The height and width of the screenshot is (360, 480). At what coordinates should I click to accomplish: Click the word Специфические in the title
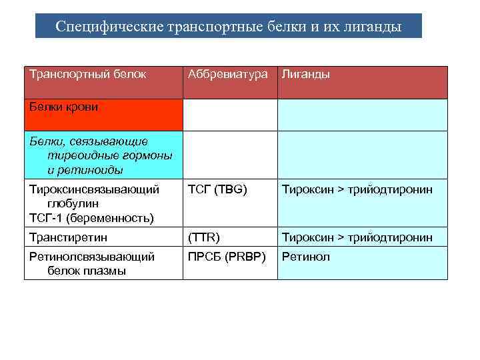101,27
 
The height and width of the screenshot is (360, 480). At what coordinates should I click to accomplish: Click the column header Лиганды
306,74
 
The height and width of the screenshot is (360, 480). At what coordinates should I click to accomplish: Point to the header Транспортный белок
87,74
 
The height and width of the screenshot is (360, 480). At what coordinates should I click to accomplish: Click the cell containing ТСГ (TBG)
217,189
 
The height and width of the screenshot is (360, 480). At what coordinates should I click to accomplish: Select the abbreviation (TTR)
204,237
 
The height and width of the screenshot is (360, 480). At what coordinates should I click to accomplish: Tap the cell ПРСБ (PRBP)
227,257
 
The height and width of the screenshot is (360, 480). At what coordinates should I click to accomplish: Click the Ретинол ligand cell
306,257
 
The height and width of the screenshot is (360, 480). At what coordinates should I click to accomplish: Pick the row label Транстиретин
69,237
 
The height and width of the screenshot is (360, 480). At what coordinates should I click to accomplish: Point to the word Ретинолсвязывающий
92,257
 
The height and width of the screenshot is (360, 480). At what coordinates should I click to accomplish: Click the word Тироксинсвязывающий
94,189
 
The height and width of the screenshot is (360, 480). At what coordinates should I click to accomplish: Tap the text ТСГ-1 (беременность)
91,217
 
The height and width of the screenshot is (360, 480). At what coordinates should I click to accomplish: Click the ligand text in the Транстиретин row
357,237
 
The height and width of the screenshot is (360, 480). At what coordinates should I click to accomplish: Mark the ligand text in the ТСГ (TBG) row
357,189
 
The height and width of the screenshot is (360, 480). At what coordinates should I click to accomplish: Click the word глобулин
73,203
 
